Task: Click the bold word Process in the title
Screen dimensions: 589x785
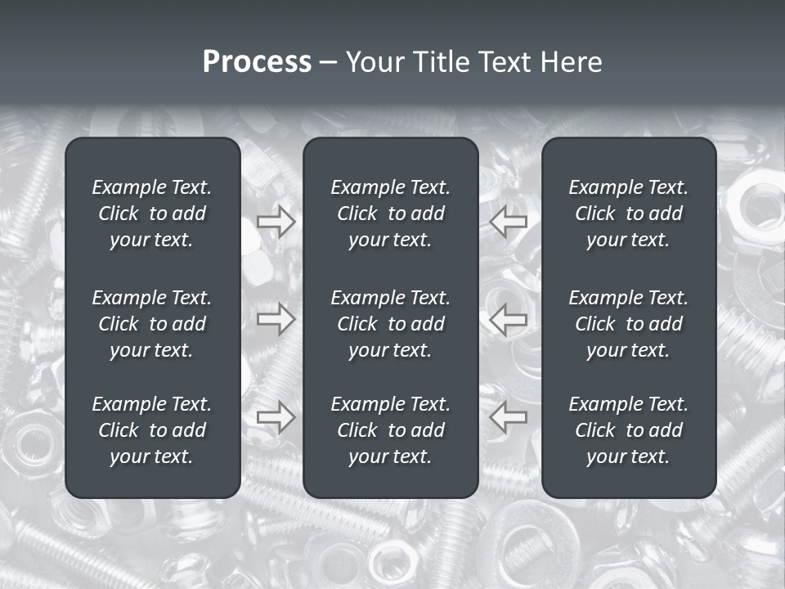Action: (257, 62)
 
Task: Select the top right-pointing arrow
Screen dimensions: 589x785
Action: (276, 222)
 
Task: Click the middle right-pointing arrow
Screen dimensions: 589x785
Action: (276, 319)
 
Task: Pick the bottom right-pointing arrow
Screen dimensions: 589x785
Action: (276, 417)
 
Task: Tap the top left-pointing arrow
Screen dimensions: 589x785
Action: (509, 222)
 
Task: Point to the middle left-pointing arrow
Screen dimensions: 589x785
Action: (509, 319)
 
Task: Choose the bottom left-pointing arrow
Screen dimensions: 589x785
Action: (509, 417)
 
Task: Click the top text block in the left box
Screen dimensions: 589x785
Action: (152, 214)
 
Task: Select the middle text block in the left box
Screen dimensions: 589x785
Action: (152, 324)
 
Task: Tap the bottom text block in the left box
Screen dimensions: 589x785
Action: (152, 430)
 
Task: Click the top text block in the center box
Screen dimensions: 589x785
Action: (390, 214)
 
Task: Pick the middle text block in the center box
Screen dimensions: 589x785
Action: (390, 324)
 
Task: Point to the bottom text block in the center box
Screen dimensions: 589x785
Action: (390, 430)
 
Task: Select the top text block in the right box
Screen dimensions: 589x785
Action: (628, 214)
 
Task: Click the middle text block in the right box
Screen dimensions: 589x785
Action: (628, 324)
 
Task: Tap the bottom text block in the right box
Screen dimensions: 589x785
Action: (628, 430)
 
